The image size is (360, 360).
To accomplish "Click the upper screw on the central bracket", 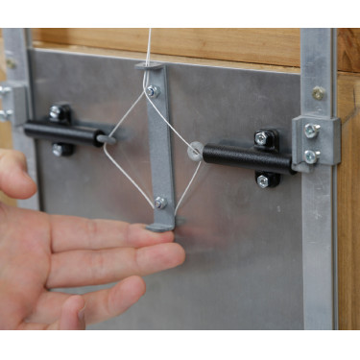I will pos(152,91).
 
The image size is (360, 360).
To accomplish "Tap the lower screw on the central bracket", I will pos(160,202).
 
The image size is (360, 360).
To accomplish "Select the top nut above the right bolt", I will pos(262,137).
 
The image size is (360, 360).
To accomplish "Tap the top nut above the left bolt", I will pos(60,112).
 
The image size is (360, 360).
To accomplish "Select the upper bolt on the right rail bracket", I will pos(311,131).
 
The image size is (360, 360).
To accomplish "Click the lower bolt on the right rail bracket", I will pos(311,156).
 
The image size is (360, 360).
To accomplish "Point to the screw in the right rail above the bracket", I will pos(318,93).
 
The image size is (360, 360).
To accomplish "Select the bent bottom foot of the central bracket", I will pos(162,227).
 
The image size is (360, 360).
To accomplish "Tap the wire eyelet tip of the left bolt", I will pos(108,139).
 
